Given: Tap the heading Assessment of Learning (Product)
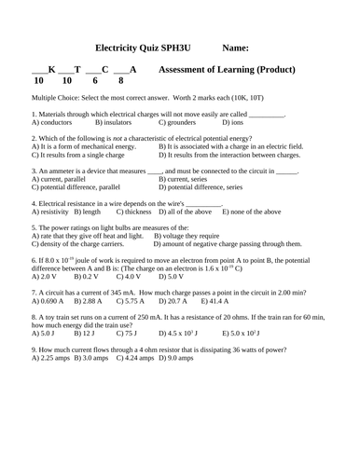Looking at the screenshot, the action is [x=228, y=70].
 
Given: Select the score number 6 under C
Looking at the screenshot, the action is [x=94, y=82].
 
